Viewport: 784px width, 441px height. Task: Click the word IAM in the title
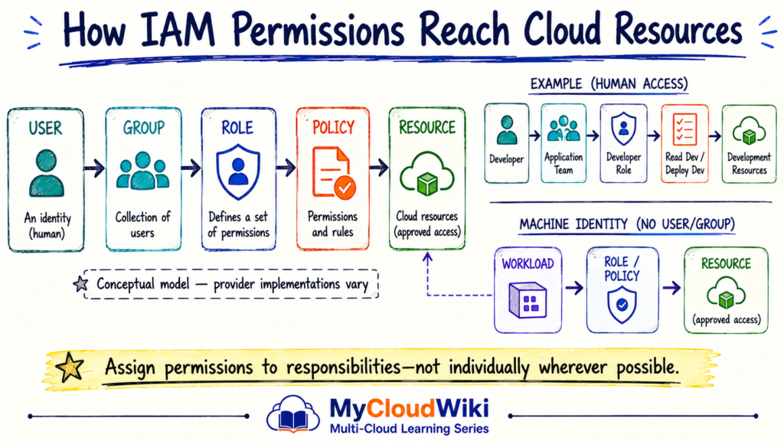(x=178, y=30)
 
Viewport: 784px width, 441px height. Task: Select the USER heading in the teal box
(x=45, y=129)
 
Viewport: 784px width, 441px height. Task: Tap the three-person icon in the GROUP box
(x=142, y=171)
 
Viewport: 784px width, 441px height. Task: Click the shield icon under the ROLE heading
(x=238, y=171)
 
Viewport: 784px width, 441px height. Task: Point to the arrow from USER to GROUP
(x=94, y=168)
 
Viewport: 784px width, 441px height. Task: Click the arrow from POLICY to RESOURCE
(x=379, y=168)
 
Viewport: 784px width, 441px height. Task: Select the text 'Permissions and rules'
(x=332, y=224)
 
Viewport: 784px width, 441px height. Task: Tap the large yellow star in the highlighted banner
(x=70, y=367)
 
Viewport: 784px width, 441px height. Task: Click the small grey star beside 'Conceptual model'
(x=80, y=284)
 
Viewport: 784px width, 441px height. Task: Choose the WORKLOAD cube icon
(x=528, y=300)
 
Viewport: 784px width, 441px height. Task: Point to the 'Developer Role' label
(x=623, y=164)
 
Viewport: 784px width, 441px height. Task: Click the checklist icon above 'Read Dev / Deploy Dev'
(x=684, y=129)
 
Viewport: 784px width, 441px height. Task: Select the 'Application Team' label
(x=563, y=164)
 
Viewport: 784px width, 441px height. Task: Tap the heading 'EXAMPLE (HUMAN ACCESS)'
(x=609, y=83)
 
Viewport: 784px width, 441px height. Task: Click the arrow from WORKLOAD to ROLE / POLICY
(x=574, y=288)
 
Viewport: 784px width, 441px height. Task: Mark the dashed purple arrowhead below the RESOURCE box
(x=427, y=258)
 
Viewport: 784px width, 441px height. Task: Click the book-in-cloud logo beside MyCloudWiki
(x=293, y=414)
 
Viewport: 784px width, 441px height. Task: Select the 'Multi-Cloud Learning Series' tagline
(x=410, y=429)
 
